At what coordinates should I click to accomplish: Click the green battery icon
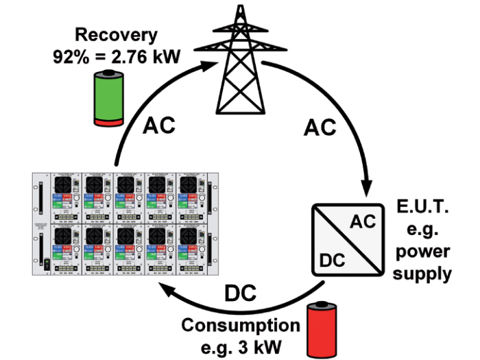click(x=109, y=99)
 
